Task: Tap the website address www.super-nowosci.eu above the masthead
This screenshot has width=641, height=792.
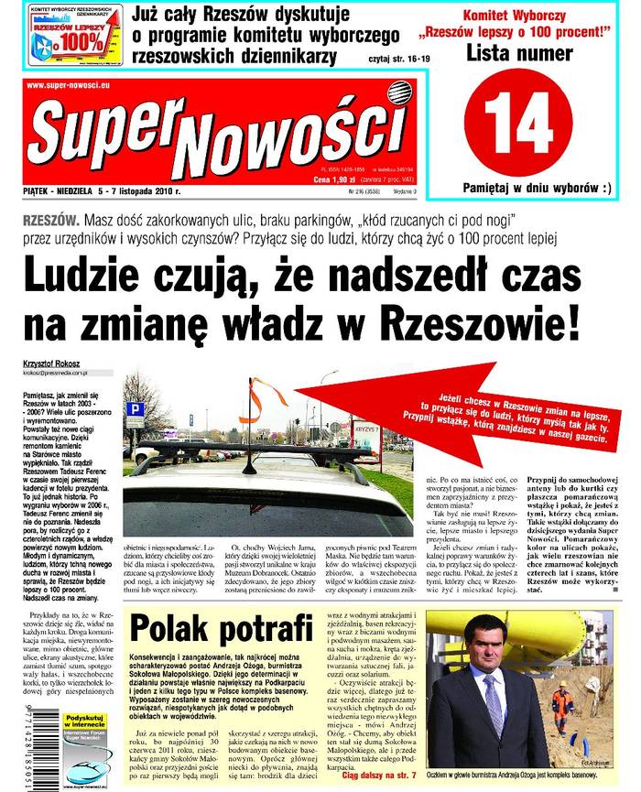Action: click(64, 86)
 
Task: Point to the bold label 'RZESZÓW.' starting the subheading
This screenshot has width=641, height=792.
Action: click(49, 223)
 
